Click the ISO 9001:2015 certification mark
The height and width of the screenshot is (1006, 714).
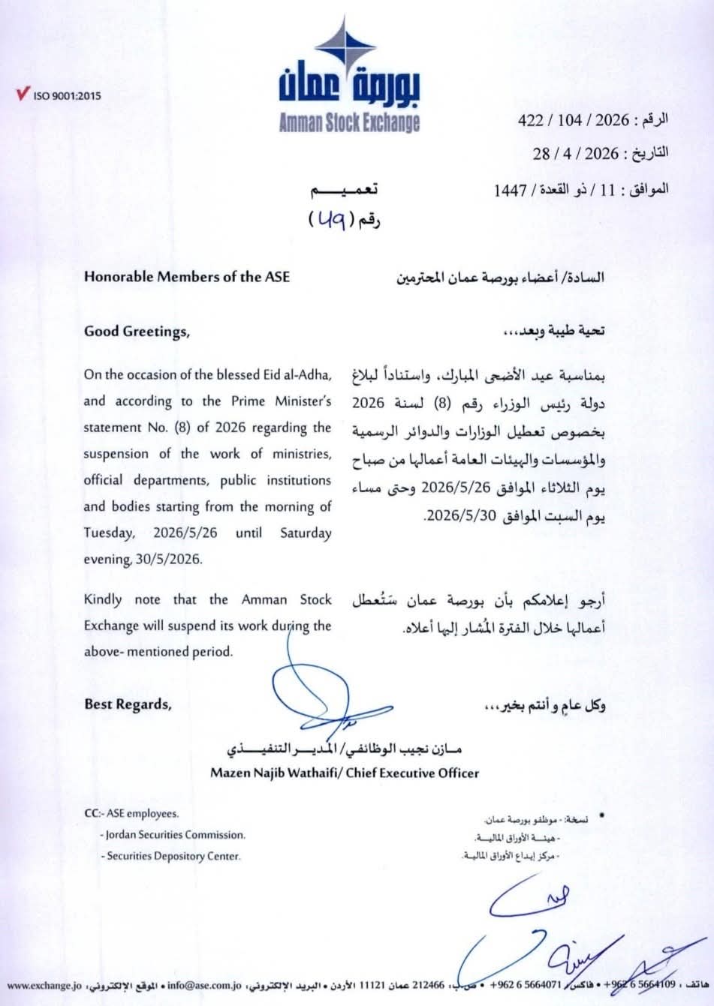58,95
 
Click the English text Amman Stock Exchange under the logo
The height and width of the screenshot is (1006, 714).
349,123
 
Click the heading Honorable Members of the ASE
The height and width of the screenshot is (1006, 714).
187,276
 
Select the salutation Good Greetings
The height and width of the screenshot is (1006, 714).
137,331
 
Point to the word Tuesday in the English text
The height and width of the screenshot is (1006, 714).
110,533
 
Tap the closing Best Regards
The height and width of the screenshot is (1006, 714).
128,704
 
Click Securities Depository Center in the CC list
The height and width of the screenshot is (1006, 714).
173,855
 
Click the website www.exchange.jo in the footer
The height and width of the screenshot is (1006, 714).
44,984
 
